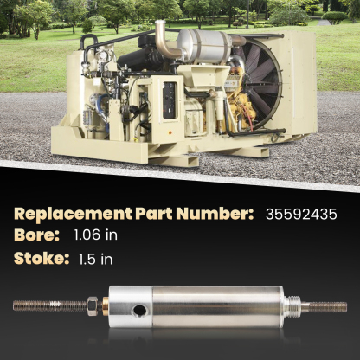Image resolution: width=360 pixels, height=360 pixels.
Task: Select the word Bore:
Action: [35, 235]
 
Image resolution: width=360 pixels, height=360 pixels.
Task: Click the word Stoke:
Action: [40, 257]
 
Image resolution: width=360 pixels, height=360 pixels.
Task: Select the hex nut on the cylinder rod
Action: [92, 305]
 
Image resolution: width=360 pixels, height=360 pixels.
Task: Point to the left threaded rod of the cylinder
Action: [48, 305]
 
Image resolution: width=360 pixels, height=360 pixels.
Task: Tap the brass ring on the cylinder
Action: [106, 305]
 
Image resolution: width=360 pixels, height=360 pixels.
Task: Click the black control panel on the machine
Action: [170, 99]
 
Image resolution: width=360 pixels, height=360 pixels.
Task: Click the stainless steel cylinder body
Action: [208, 306]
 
